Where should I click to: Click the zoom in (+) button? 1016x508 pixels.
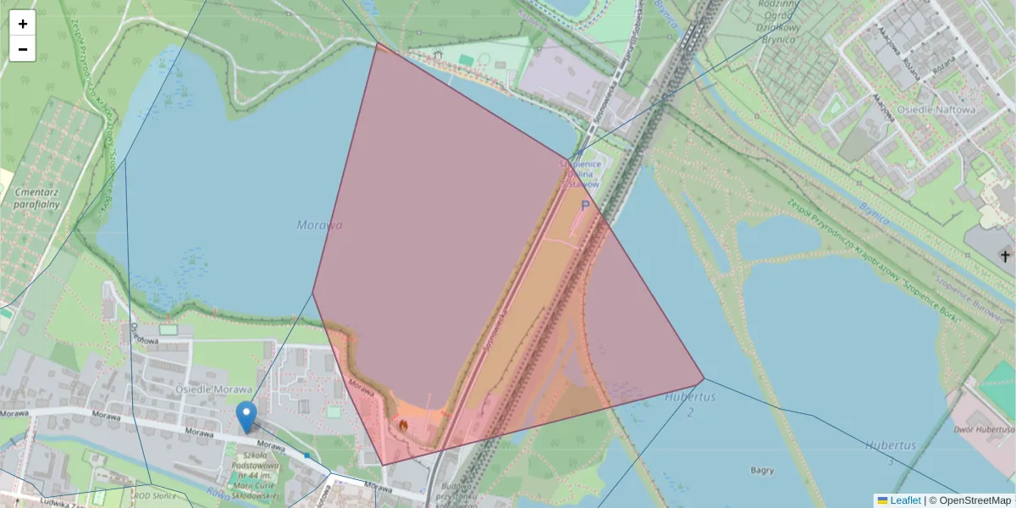coord(23,24)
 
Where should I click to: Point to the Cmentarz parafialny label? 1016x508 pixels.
coord(36,197)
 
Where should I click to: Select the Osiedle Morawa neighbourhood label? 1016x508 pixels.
coord(214,389)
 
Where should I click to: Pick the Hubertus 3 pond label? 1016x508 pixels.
coord(891,452)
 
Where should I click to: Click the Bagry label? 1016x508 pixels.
coord(762,470)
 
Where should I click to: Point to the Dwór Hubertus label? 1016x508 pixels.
coord(982,429)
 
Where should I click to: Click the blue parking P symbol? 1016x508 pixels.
coord(584,205)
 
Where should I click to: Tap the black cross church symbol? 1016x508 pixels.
coord(1006,255)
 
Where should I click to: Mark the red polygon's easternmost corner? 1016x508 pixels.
coord(704,378)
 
